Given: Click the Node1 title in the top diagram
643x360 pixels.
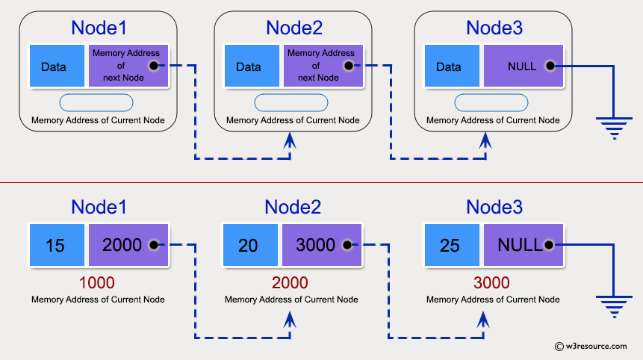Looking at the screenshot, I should [x=99, y=28].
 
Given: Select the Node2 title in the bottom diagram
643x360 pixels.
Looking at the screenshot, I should [x=293, y=208].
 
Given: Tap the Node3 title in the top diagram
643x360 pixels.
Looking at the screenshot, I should [x=494, y=28].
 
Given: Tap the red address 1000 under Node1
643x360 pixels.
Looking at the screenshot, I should [x=98, y=283].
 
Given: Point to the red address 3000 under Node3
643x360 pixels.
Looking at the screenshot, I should [x=491, y=283].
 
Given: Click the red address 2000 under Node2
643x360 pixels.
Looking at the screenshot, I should [x=291, y=283].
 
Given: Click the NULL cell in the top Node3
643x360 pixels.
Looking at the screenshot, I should [x=521, y=66].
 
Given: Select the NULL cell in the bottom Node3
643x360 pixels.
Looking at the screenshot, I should [x=521, y=245].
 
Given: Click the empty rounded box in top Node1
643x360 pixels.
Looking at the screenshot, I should [x=97, y=102].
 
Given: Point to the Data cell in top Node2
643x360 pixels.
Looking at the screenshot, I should [x=249, y=66].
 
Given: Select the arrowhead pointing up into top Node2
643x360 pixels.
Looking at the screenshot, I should [x=291, y=140].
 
